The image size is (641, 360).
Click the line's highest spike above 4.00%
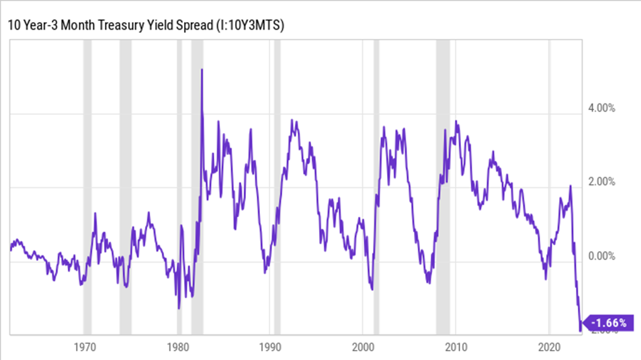[202, 70]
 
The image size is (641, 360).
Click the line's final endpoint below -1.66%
[581, 329]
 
